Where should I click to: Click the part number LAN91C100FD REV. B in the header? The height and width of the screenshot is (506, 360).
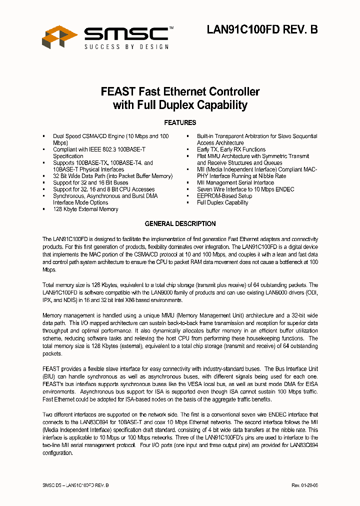pos(262,30)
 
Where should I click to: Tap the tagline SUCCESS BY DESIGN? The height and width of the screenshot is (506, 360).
pos(126,46)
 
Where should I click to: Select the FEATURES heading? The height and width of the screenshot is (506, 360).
pos(180,122)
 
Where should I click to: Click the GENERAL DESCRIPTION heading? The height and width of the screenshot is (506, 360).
pos(180,223)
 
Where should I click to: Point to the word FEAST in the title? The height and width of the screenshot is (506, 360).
pos(118,92)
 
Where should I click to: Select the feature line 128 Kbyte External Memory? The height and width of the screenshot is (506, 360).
pos(85,209)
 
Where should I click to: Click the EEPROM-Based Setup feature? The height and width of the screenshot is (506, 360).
pos(224,196)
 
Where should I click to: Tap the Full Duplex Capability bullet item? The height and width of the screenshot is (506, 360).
pos(222,202)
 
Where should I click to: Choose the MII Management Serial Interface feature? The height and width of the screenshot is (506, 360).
pos(235,183)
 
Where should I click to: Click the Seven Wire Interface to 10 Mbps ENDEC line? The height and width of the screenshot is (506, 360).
pos(245,189)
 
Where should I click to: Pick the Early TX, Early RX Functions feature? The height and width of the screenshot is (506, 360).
pos(231,149)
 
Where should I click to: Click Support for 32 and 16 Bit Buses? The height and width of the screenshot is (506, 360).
pos(90,183)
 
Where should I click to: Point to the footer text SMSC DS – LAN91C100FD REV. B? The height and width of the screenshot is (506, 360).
pos(75,486)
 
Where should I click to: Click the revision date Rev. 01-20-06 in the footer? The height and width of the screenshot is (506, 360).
pos(304,486)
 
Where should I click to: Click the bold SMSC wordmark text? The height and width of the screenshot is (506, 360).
pos(126,33)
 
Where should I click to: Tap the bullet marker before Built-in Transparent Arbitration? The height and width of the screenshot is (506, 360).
pos(187,136)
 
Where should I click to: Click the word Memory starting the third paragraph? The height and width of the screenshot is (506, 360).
pos(52,316)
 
